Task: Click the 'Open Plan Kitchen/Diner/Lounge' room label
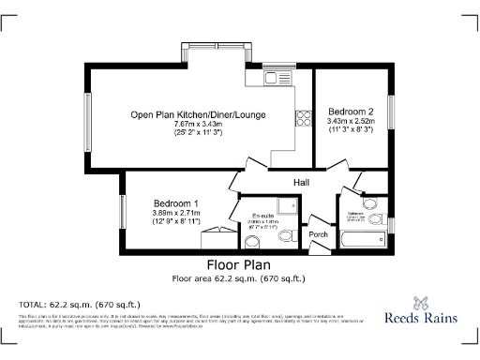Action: point(198,115)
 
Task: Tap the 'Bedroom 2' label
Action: point(351,111)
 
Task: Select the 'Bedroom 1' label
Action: point(175,203)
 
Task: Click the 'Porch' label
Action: point(318,234)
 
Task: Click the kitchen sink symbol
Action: point(276,77)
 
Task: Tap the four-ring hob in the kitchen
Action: point(303,117)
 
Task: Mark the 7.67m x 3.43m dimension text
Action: point(198,125)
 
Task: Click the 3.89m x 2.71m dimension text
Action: point(175,213)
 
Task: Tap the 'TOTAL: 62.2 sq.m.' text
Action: point(67,306)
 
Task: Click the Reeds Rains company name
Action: point(422,318)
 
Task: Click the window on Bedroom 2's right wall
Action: point(391,115)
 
